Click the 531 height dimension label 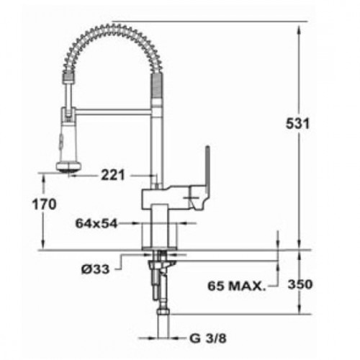click(x=297, y=124)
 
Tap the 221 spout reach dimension click(x=113, y=175)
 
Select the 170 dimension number click(x=44, y=204)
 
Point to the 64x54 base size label click(x=96, y=224)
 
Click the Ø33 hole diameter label click(x=95, y=269)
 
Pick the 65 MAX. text click(x=237, y=286)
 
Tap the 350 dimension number click(x=300, y=284)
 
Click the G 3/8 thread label click(x=208, y=338)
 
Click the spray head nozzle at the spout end click(x=68, y=167)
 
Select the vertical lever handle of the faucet click(x=207, y=168)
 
